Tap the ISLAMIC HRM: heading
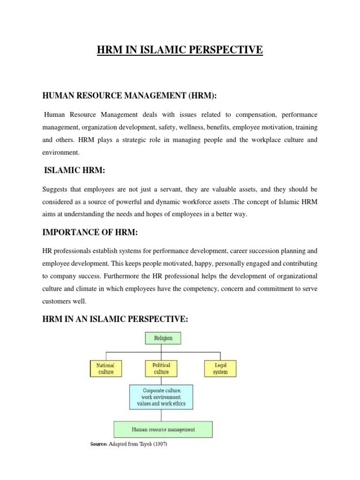click(x=75, y=172)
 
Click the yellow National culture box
click(x=105, y=368)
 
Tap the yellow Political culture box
click(x=161, y=368)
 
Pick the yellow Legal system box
click(x=220, y=368)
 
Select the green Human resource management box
click(x=163, y=429)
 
